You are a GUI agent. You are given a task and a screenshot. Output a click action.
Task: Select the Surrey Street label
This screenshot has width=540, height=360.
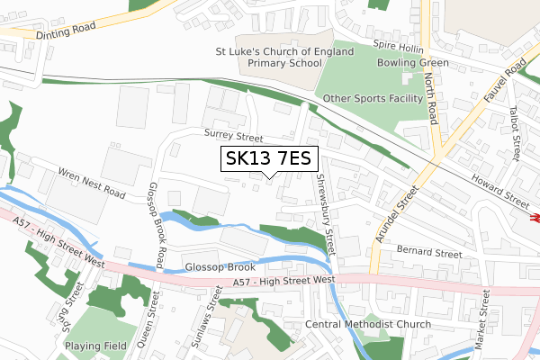click(x=233, y=136)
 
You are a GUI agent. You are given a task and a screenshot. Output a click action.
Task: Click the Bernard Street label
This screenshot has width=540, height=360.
click(x=428, y=255)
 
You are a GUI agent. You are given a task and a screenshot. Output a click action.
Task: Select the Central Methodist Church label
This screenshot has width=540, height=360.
click(x=368, y=324)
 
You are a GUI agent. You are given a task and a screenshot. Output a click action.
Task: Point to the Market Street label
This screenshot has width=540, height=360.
click(x=484, y=321)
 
